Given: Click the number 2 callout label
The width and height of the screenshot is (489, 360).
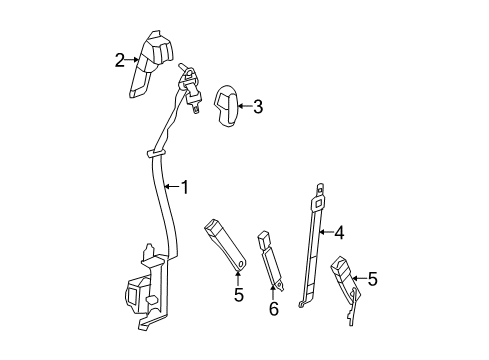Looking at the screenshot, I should [x=120, y=60].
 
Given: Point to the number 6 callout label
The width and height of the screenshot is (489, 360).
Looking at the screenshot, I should [x=272, y=310].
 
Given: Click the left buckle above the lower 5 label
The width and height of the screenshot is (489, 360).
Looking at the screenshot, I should [x=224, y=242].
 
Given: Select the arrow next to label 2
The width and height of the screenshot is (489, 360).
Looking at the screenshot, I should [x=132, y=60].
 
